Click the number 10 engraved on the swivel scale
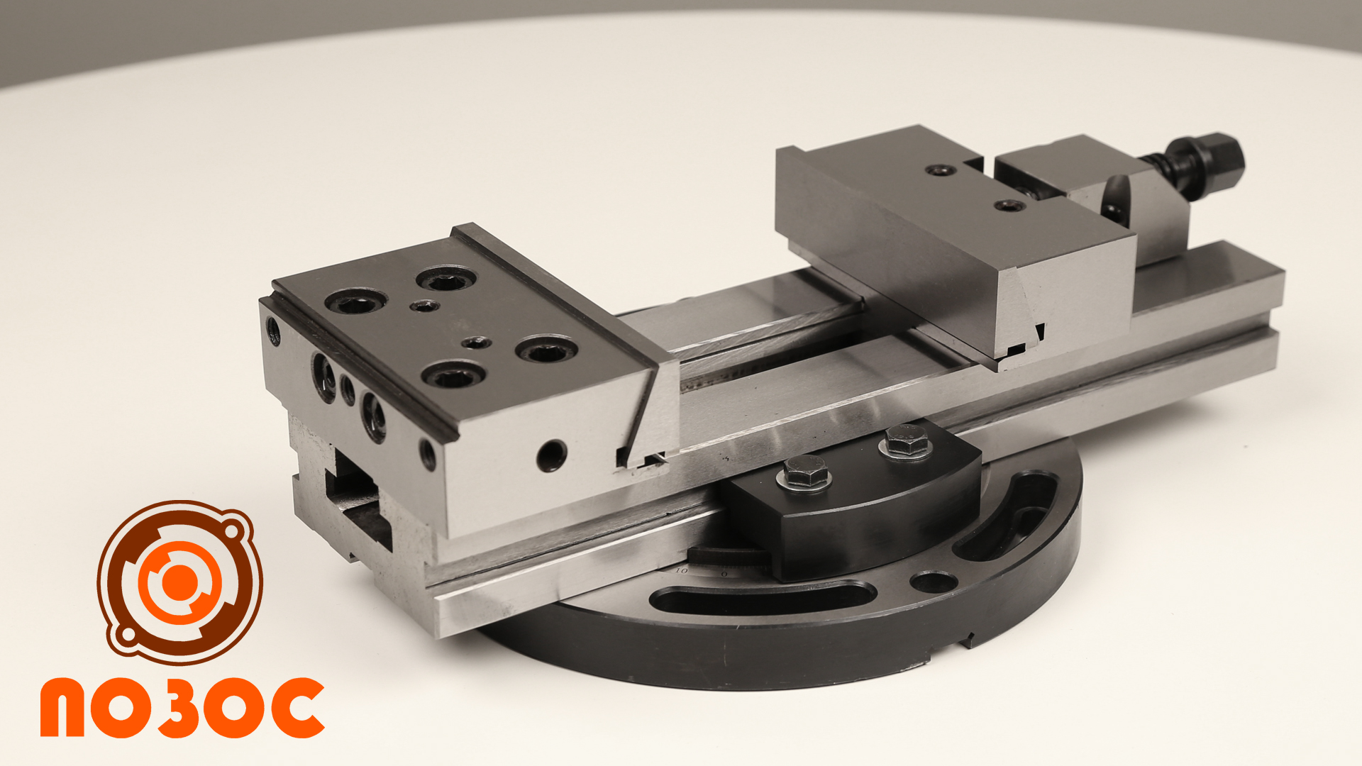point(681,570)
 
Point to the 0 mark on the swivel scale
point(724,572)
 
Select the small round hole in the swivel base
point(933,582)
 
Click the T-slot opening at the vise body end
point(359,500)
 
